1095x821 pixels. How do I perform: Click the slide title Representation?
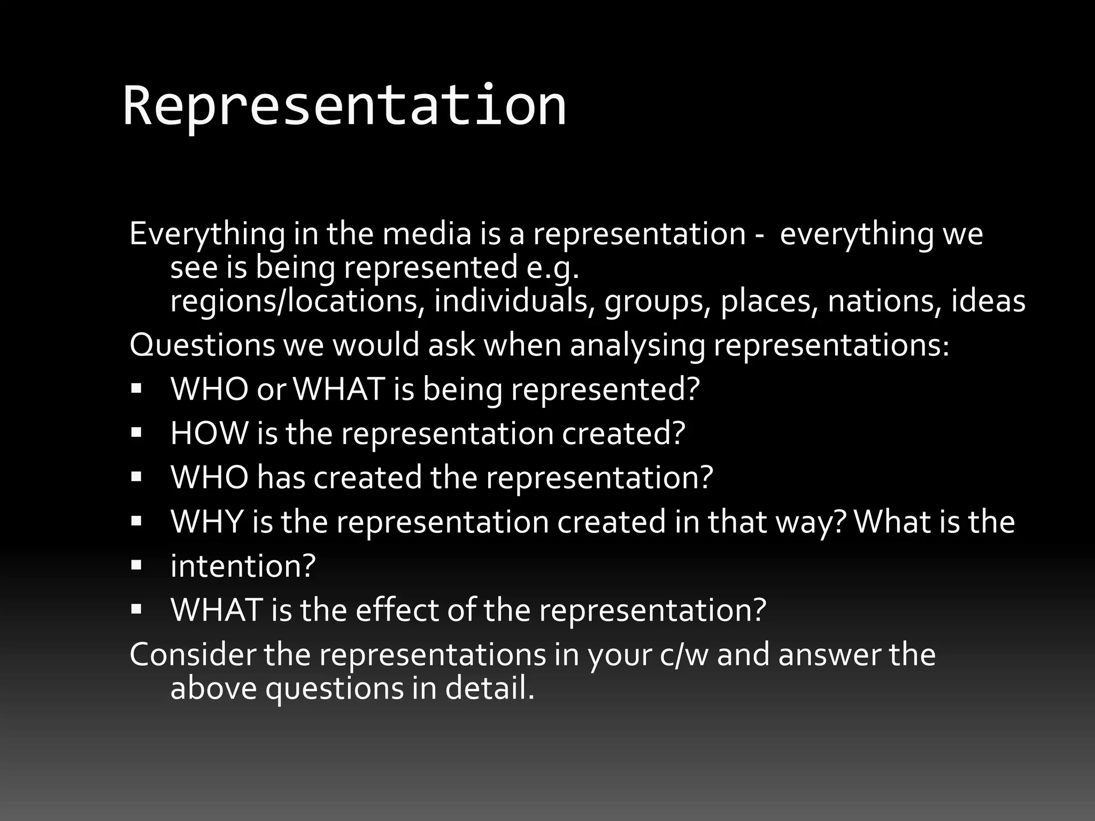345,106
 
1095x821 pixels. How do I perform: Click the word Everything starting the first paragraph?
207,234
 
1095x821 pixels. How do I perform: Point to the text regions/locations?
294,301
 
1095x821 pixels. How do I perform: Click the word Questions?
202,345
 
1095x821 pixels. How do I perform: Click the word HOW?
209,433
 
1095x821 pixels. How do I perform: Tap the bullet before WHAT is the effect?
136,608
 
